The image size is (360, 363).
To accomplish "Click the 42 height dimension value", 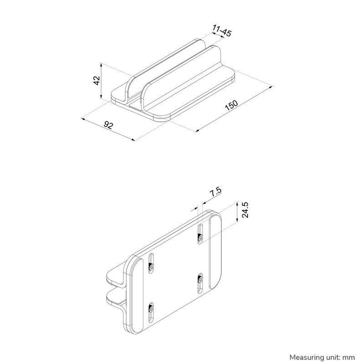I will pyautogui.click(x=96, y=81).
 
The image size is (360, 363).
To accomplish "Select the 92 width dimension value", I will pyautogui.click(x=108, y=126).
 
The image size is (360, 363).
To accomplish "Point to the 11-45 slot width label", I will pyautogui.click(x=222, y=32).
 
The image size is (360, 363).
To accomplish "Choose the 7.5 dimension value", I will pyautogui.click(x=215, y=193).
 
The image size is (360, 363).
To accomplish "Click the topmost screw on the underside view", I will pyautogui.click(x=200, y=237).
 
